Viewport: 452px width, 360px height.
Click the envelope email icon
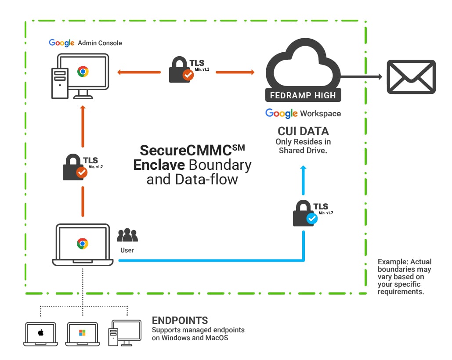point(411,77)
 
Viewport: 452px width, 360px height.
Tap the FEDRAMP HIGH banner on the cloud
point(303,95)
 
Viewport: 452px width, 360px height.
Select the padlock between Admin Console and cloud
point(181,70)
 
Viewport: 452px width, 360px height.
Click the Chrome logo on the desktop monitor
point(82,72)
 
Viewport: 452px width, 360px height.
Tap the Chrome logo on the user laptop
point(82,243)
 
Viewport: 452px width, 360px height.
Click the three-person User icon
point(127,235)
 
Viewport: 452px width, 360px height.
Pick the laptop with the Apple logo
point(40,333)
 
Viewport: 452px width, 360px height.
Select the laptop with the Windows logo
point(82,333)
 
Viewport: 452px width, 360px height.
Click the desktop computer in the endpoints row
point(125,333)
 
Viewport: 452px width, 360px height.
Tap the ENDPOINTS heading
point(180,320)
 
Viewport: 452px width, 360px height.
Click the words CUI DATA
point(303,131)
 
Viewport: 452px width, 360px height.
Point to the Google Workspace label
point(303,113)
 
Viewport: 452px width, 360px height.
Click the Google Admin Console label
point(86,43)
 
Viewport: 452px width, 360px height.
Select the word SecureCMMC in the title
point(185,151)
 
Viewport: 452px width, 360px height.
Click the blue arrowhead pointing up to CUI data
point(303,169)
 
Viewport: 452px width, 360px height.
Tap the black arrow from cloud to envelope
point(360,77)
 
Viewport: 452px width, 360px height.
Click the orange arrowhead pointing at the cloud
point(252,72)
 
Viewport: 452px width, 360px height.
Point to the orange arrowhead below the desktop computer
point(82,108)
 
